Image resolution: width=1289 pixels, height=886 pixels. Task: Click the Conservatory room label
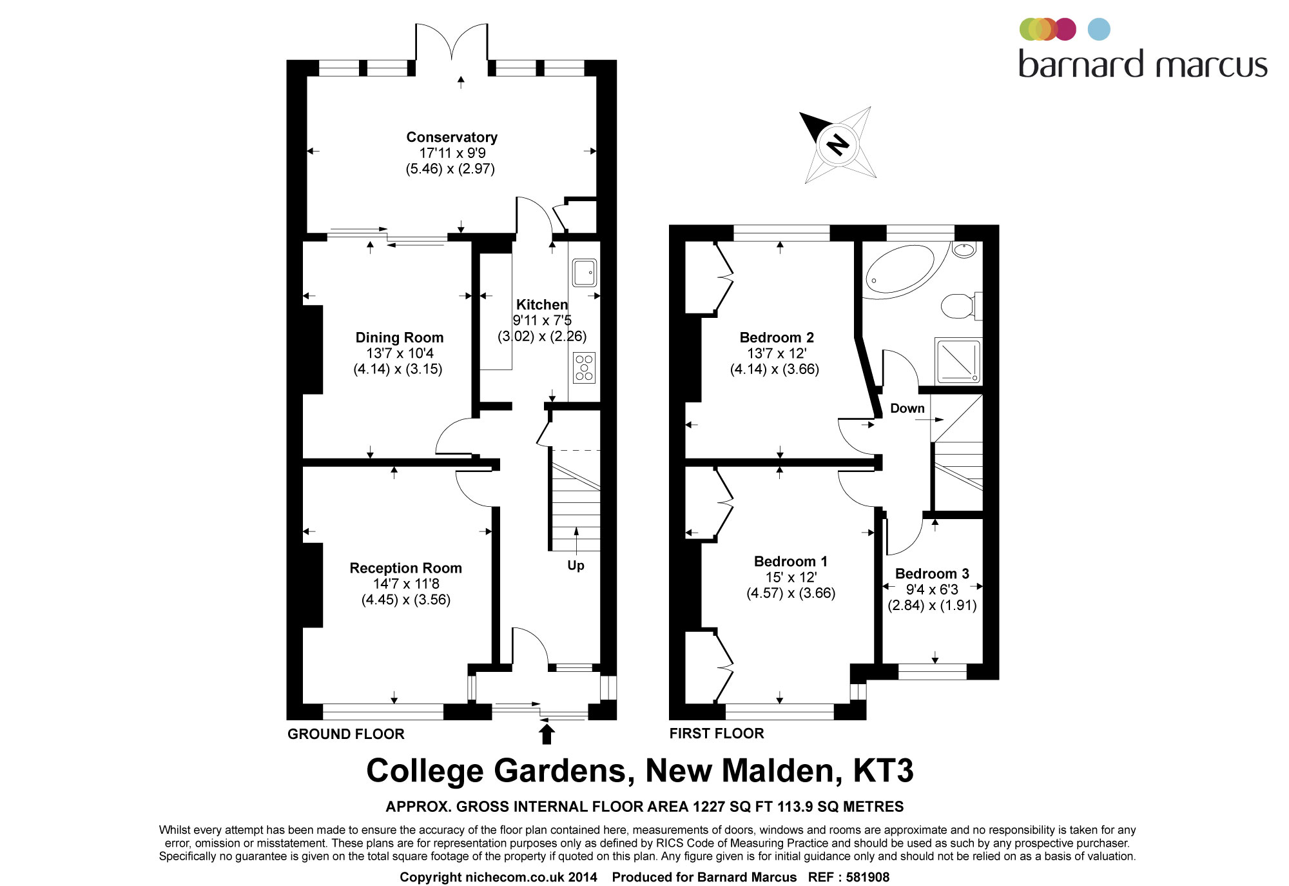click(452, 137)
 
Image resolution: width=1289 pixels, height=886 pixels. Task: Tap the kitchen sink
click(584, 272)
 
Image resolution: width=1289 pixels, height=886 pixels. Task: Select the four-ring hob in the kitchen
click(584, 368)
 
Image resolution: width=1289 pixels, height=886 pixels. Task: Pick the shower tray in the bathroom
click(958, 361)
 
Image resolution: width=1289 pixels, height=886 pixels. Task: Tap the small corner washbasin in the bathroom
click(964, 250)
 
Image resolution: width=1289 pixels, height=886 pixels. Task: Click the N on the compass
click(838, 144)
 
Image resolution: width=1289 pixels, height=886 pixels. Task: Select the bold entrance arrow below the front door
click(547, 734)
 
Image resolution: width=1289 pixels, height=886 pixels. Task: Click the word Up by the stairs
click(576, 566)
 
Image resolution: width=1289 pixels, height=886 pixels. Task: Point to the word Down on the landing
click(907, 408)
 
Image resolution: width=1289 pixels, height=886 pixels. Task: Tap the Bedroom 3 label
click(932, 574)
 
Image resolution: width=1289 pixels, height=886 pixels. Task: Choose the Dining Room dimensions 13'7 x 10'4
click(400, 353)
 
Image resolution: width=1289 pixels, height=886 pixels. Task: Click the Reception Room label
click(405, 568)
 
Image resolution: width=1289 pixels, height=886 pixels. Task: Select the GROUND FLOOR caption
click(346, 734)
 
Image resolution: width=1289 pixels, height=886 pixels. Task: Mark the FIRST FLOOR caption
click(717, 733)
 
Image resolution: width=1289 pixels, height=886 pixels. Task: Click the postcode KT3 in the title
click(883, 771)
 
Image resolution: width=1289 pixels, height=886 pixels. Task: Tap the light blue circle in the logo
click(1099, 30)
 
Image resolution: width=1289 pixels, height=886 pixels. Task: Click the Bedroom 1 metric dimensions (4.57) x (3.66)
click(791, 593)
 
